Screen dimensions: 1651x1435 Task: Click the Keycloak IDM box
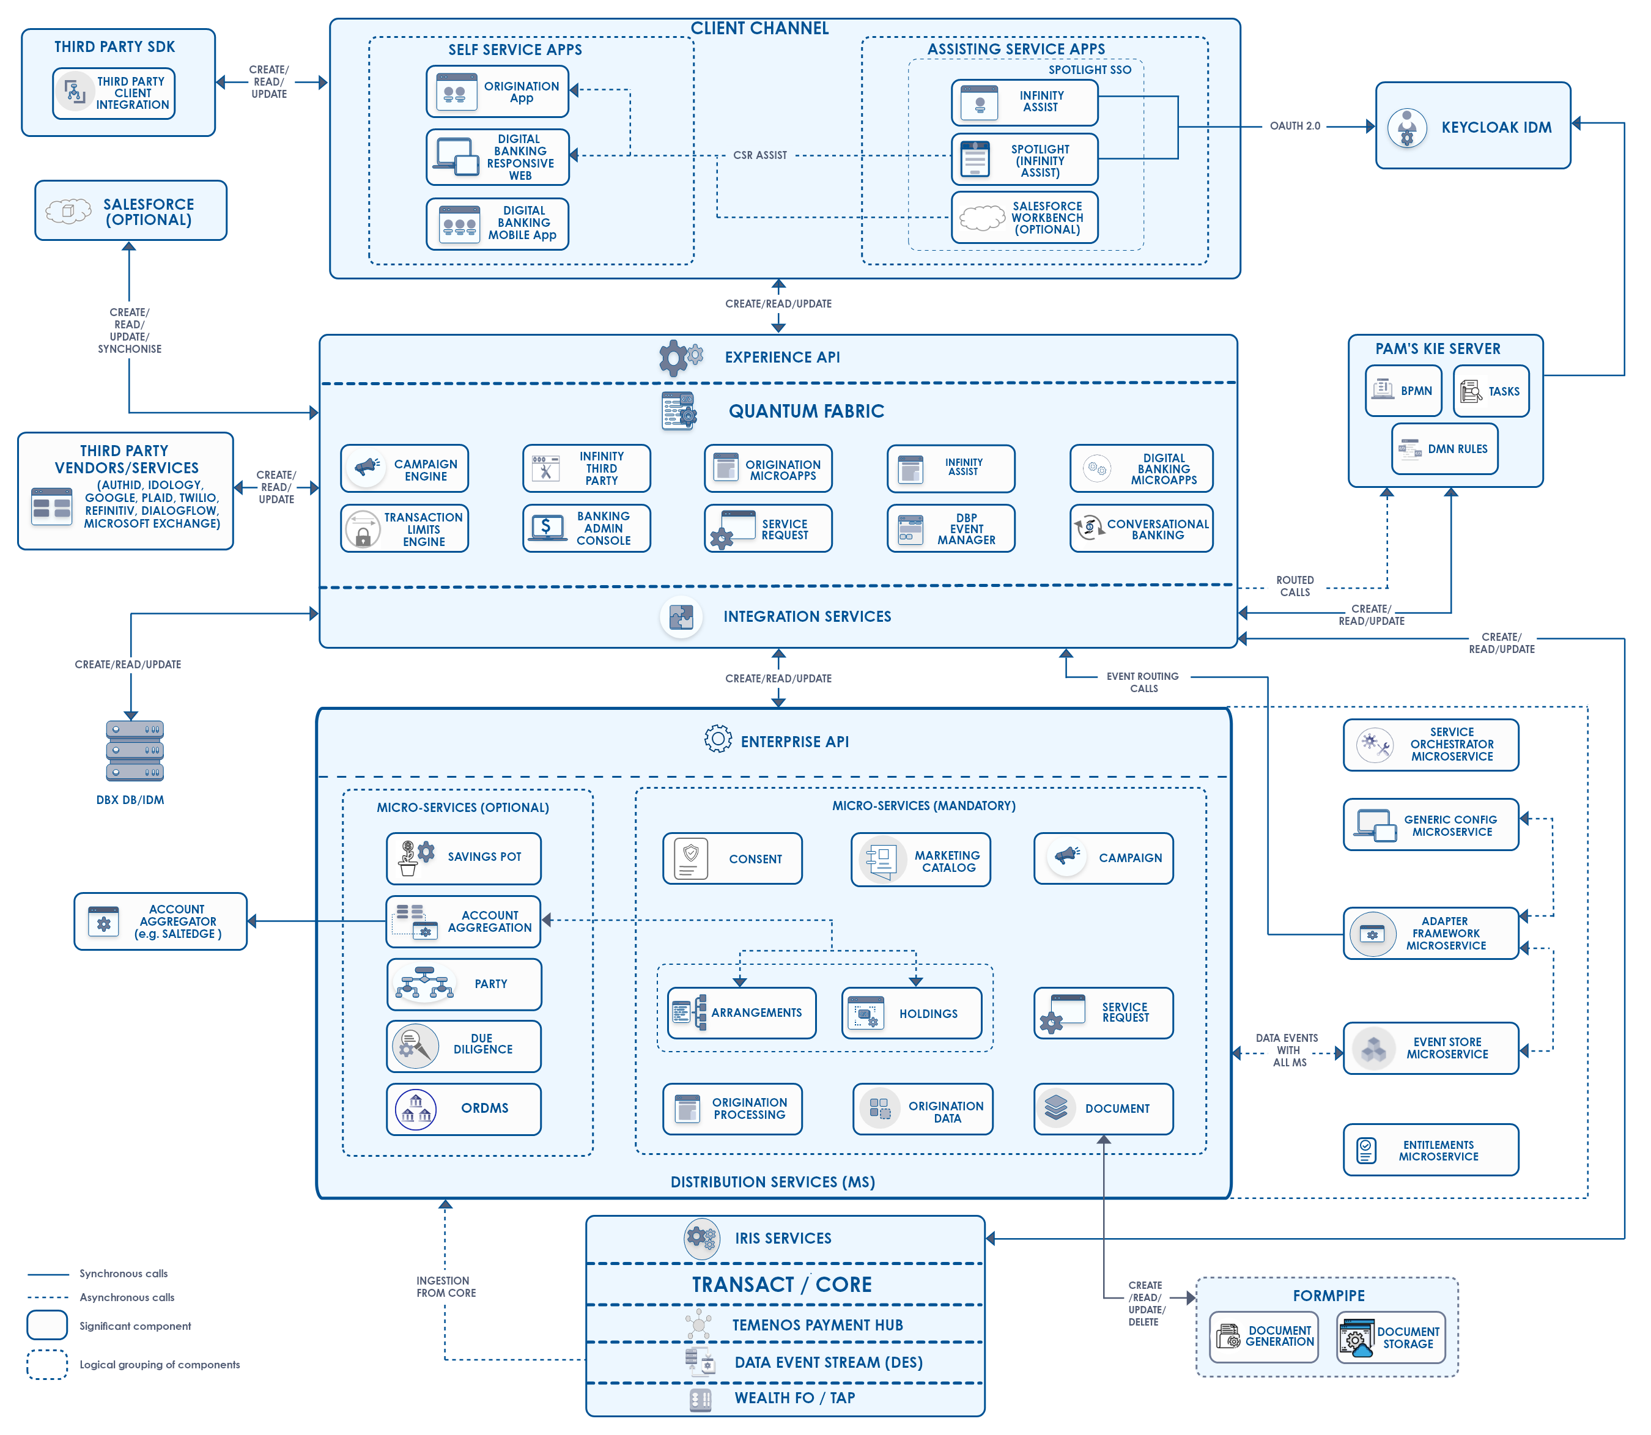[x=1472, y=126]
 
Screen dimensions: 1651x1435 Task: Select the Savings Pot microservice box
[x=464, y=858]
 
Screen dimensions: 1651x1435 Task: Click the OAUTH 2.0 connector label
[x=1295, y=126]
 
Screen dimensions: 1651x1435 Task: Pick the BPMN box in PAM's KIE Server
[x=1403, y=391]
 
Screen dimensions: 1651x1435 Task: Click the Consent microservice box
[x=732, y=858]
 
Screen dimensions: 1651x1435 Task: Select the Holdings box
[x=911, y=1013]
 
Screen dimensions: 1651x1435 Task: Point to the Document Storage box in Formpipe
[x=1391, y=1337]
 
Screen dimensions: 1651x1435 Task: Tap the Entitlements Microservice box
[x=1431, y=1150]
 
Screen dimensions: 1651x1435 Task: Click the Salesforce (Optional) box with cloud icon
[x=130, y=210]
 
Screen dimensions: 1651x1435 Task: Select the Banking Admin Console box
[x=586, y=528]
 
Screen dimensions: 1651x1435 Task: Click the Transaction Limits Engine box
[x=404, y=528]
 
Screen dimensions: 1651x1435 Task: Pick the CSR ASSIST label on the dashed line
[x=760, y=155]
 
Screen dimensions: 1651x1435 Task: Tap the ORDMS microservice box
[x=464, y=1109]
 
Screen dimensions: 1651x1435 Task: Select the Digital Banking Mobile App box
[x=497, y=224]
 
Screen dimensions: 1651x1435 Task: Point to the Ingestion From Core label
[x=445, y=1287]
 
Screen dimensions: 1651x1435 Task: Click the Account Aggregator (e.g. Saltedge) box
[x=160, y=921]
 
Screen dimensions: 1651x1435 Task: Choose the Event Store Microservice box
[x=1431, y=1048]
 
